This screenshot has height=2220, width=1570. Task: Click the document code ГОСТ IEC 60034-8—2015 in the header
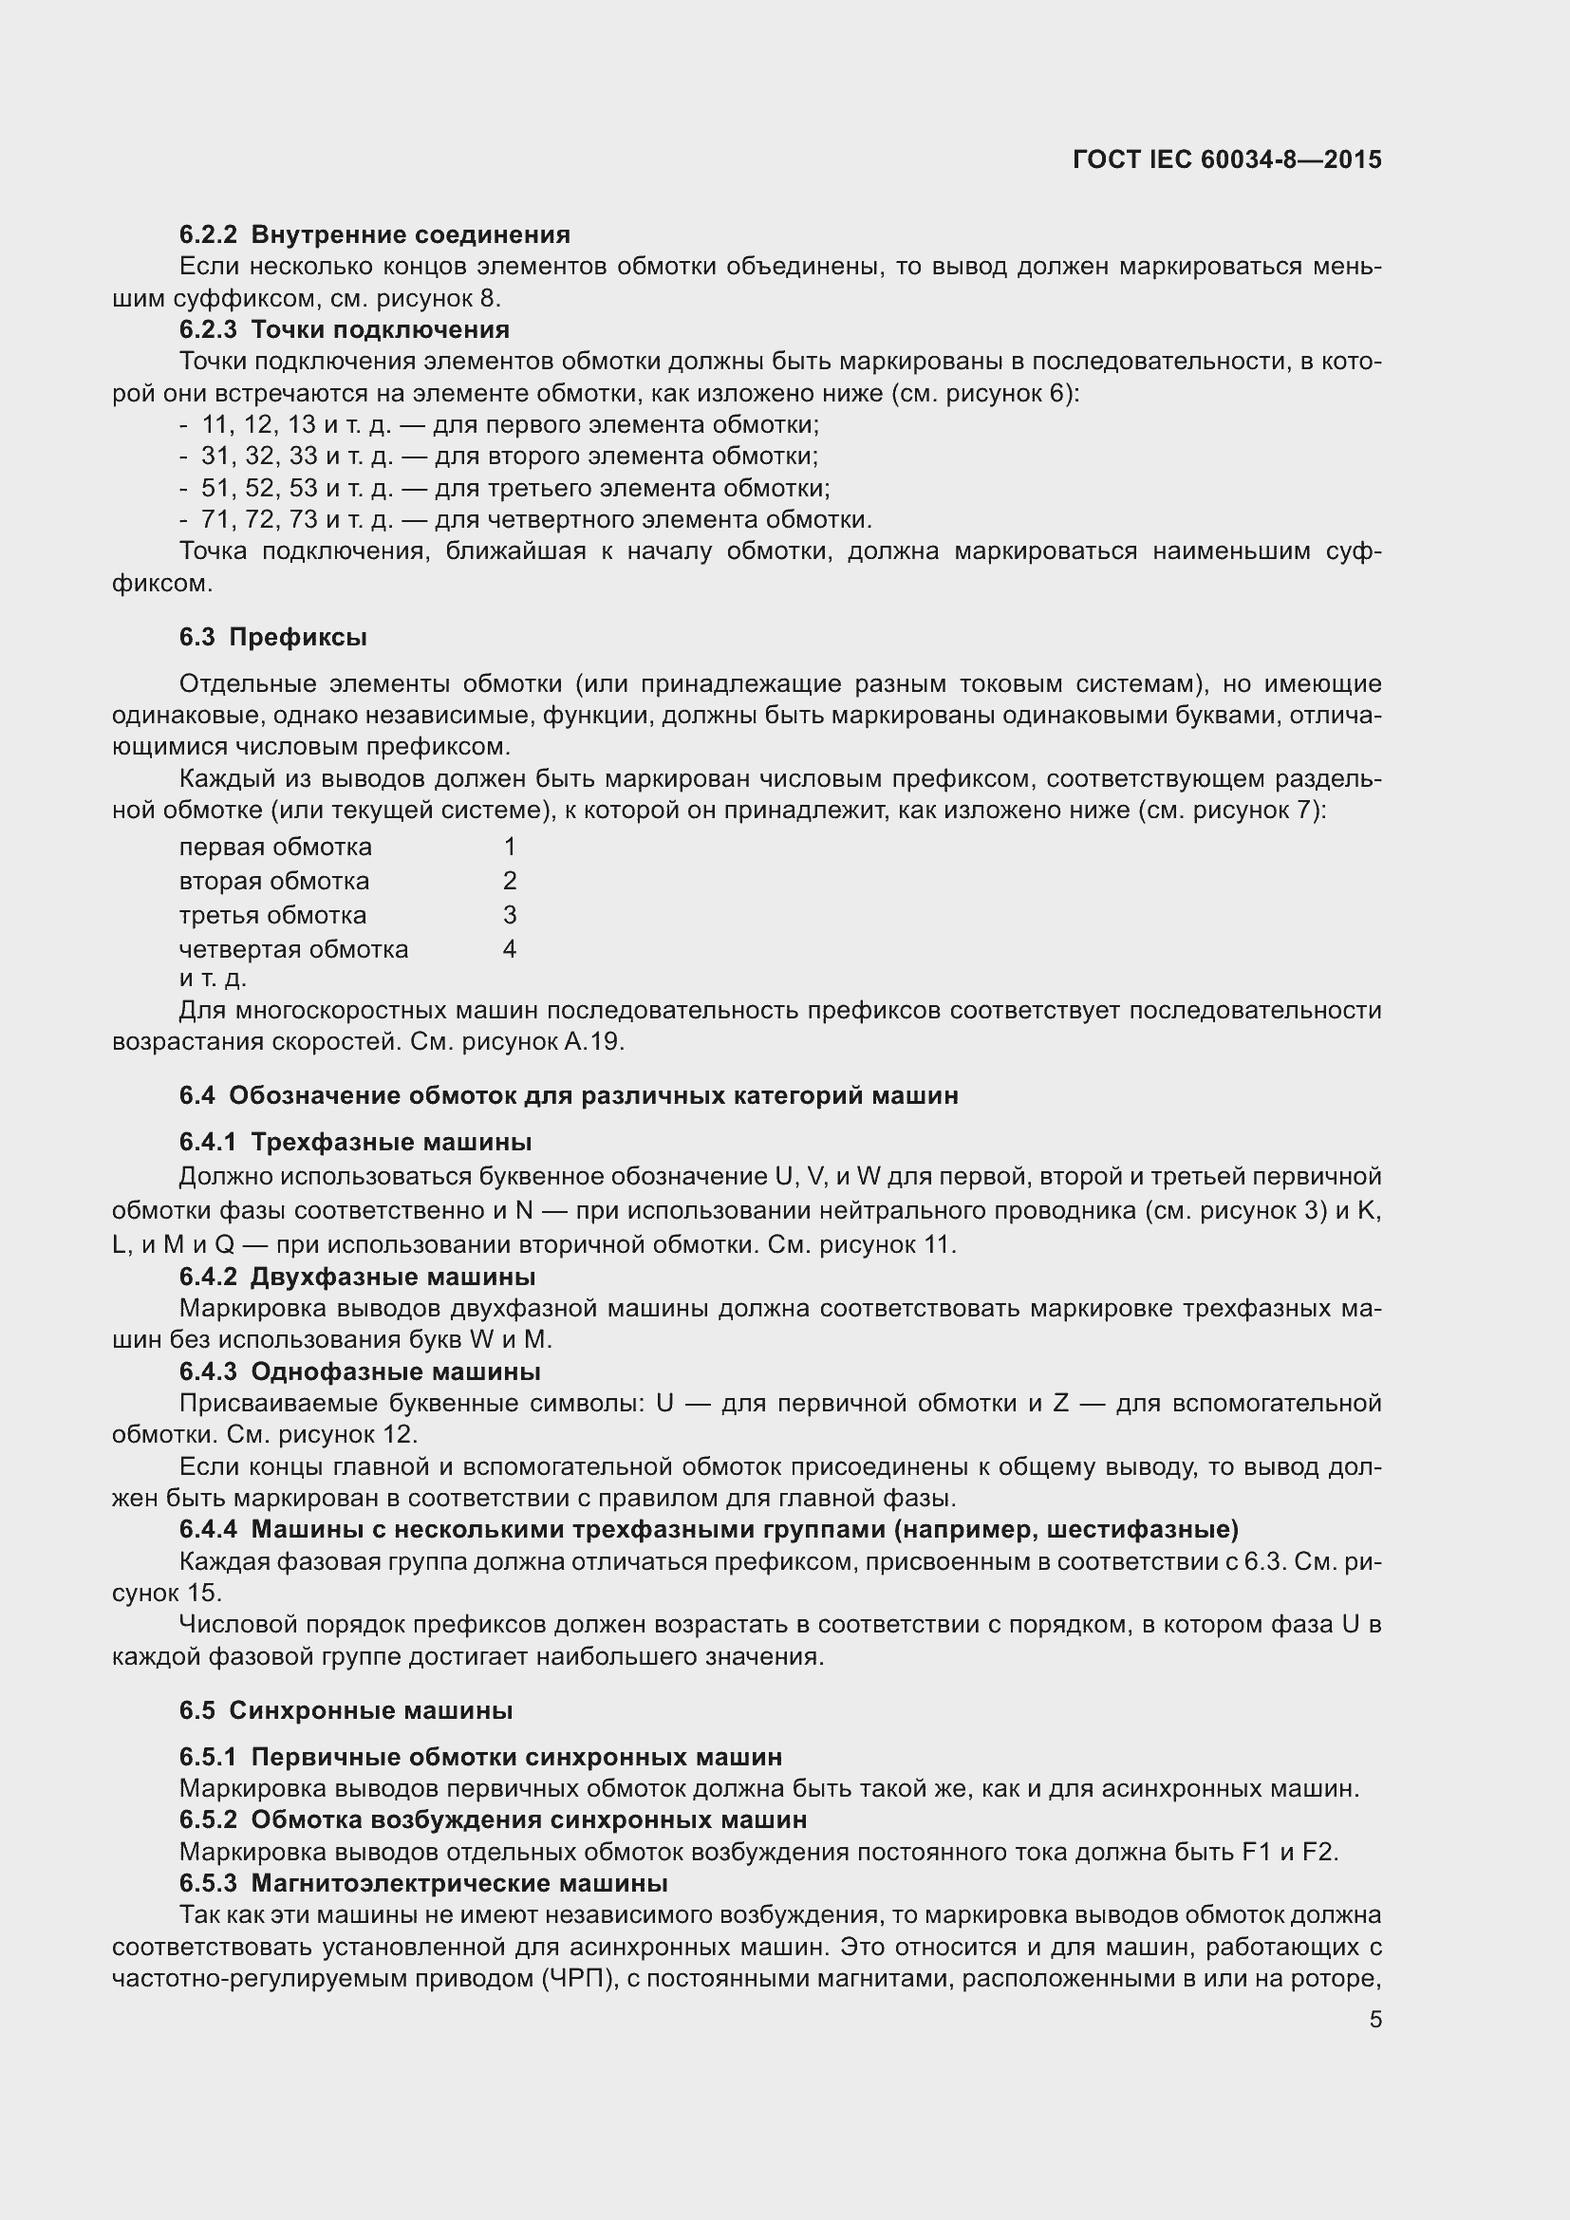click(1225, 159)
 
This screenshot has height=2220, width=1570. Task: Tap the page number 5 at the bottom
click(1375, 2019)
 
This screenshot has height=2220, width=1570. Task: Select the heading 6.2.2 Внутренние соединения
click(374, 235)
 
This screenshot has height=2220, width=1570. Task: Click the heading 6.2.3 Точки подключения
click(345, 329)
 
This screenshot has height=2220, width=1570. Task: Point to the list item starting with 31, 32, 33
click(509, 457)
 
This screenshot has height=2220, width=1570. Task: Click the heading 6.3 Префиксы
click(272, 637)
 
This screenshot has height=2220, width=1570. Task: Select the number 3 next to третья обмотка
click(510, 915)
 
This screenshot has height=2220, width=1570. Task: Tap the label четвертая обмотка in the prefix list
click(294, 949)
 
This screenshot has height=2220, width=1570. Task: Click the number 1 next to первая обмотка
click(510, 847)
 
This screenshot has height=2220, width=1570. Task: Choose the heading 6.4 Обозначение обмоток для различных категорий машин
click(569, 1095)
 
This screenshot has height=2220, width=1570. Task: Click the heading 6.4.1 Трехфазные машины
click(355, 1142)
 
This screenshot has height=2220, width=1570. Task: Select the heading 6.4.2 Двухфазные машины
click(357, 1277)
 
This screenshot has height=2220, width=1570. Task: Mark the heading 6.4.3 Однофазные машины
click(360, 1371)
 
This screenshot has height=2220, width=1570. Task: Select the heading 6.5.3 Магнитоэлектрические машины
click(422, 1882)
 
